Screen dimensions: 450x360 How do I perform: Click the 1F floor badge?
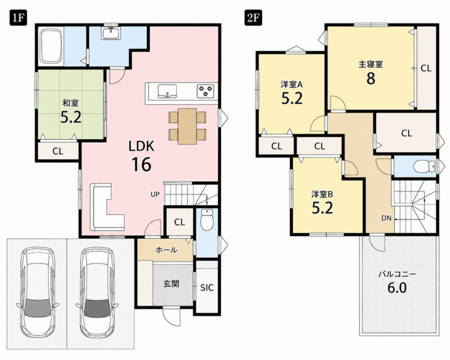18,18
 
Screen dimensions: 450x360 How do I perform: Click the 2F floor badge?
253,18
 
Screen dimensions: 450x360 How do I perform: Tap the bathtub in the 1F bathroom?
51,46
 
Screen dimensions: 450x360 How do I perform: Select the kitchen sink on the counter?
167,91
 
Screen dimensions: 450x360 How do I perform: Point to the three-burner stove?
205,91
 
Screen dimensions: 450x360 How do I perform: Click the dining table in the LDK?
187,126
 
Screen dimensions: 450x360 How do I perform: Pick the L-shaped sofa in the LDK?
107,207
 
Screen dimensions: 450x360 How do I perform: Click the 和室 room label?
71,103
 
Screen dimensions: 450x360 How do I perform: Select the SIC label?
207,287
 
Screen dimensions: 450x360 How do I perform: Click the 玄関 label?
172,284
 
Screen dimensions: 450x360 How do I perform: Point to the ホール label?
166,250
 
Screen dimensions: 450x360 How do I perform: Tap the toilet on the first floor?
206,220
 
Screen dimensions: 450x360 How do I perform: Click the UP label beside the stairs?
155,194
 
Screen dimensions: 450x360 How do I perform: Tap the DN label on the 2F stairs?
386,218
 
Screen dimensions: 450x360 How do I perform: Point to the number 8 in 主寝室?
371,79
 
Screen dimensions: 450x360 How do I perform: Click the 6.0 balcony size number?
397,288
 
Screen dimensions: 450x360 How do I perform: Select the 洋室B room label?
322,194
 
